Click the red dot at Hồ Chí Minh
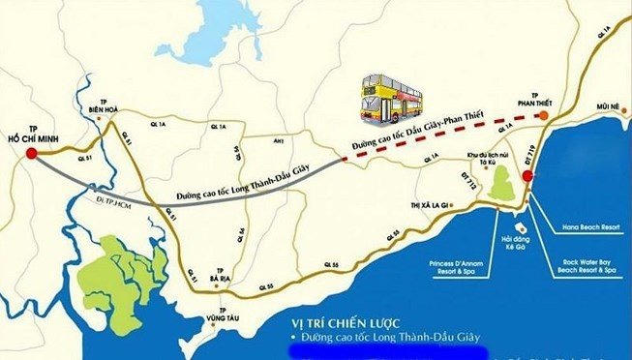pyautogui.click(x=31, y=153)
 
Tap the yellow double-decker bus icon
pyautogui.click(x=392, y=97)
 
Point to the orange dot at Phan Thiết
pyautogui.click(x=543, y=114)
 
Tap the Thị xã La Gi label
pyautogui.click(x=430, y=205)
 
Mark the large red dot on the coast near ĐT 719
pyautogui.click(x=527, y=176)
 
